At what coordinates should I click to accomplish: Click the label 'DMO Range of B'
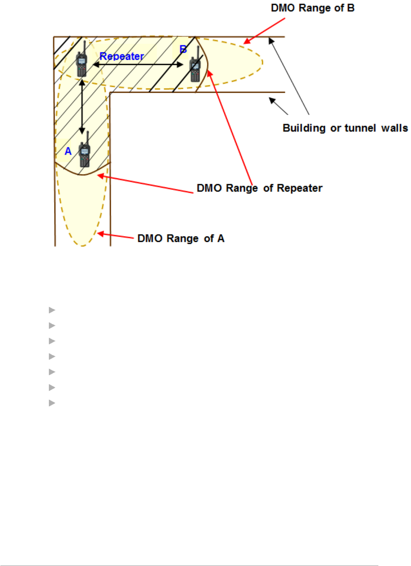pos(312,8)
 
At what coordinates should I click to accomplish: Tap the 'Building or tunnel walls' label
pos(345,128)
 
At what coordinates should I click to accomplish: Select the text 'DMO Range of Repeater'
pos(259,188)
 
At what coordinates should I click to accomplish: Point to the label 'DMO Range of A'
pos(180,238)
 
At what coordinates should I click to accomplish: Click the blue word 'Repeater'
pos(122,56)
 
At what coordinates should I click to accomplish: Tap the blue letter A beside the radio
pos(68,151)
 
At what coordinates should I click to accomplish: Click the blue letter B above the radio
pos(183,49)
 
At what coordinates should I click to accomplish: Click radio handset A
pos(85,153)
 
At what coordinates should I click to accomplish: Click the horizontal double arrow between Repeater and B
pos(138,65)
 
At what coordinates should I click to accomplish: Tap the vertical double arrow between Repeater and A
pos(82,107)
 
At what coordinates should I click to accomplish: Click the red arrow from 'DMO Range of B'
pos(265,31)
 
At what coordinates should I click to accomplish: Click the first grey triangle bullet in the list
pos(52,310)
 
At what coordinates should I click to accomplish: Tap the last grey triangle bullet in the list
pos(52,403)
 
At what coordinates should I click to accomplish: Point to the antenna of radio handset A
pos(87,137)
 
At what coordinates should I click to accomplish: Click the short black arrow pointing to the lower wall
pos(278,106)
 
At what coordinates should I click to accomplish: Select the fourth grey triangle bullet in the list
pos(52,356)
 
